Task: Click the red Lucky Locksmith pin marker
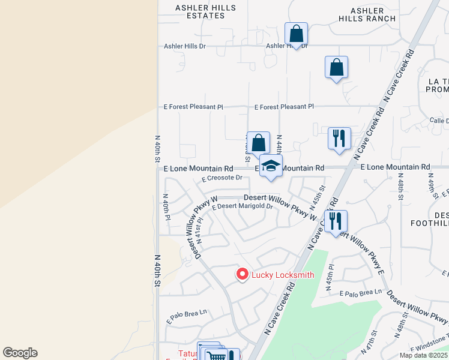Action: click(243, 274)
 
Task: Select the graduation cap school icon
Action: click(271, 166)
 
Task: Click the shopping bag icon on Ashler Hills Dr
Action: click(297, 34)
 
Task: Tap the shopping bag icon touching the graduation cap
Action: click(259, 144)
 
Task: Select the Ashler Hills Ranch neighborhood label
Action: click(367, 15)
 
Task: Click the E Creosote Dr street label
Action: click(222, 178)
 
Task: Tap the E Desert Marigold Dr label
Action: click(243, 206)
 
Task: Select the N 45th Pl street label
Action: click(330, 276)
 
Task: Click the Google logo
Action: click(20, 353)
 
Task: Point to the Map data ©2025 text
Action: click(423, 355)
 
